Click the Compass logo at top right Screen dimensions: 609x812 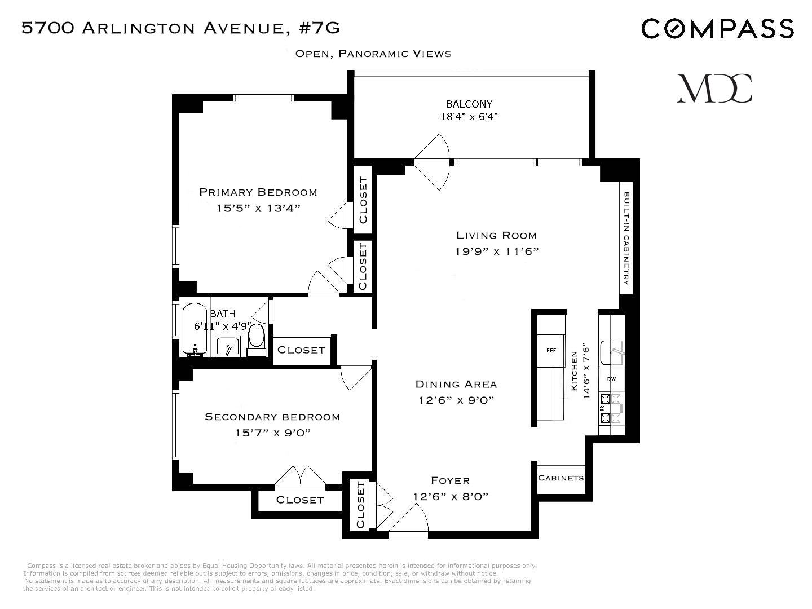(717, 28)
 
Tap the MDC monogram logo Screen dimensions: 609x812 (714, 89)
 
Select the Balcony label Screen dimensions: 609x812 (469, 104)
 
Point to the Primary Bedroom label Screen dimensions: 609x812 (258, 192)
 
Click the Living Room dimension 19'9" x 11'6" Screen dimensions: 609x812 (497, 251)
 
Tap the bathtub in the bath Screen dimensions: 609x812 (195, 330)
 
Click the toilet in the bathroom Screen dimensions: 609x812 (256, 339)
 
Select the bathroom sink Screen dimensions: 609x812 (228, 346)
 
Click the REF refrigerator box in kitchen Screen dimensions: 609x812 (551, 350)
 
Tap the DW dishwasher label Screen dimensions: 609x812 (611, 379)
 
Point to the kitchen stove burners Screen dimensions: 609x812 (612, 409)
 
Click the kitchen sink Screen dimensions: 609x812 (611, 352)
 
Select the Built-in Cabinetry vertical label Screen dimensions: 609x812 (626, 238)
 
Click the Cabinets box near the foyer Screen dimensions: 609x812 (561, 478)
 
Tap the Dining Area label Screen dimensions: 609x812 (456, 385)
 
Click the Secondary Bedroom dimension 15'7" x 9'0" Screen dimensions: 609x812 (273, 433)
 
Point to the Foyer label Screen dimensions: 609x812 (450, 480)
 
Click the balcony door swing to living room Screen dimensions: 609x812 (433, 162)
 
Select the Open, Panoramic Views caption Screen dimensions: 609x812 (373, 54)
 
